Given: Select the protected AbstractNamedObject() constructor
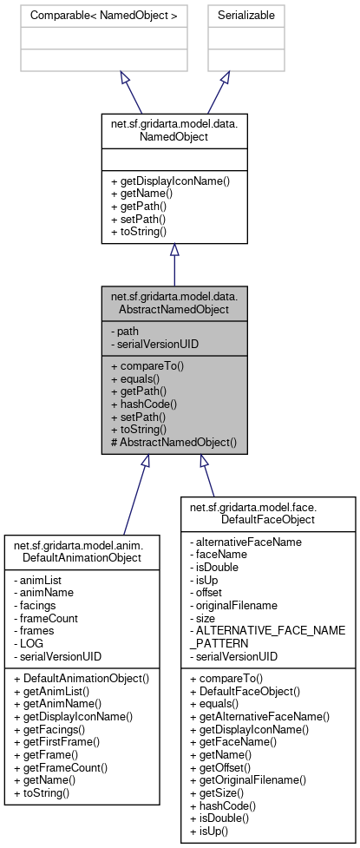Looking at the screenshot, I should tap(173, 442).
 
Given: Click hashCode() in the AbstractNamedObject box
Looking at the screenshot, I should tap(144, 403).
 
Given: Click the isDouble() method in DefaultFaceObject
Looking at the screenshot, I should tap(221, 821).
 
